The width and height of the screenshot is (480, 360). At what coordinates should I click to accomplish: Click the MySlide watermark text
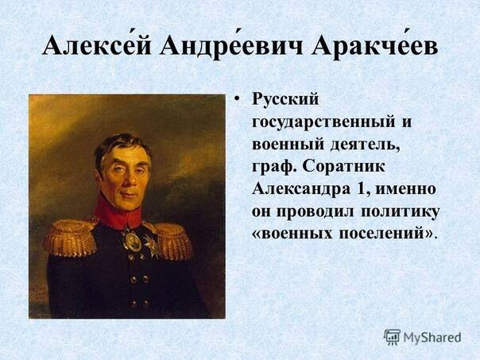[x=432, y=337]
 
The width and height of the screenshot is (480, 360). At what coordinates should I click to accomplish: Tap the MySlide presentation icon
[x=392, y=337]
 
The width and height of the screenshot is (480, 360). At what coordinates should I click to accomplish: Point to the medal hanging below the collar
[x=132, y=240]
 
